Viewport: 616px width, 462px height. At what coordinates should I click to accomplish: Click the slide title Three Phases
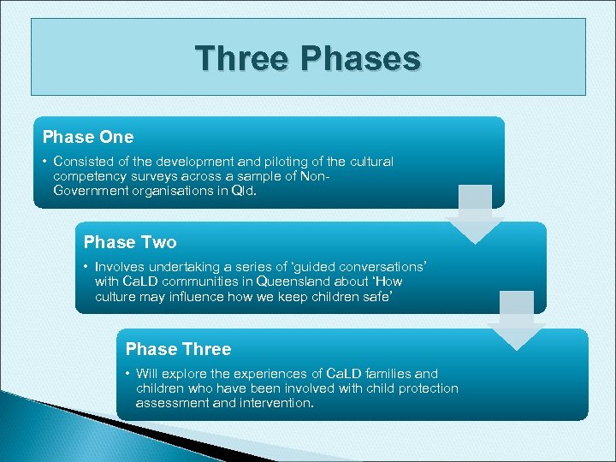tap(307, 59)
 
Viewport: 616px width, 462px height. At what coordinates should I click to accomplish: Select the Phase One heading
tap(88, 137)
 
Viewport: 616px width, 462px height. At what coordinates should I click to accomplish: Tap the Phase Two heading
tap(130, 243)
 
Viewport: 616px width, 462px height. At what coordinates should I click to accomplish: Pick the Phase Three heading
tap(178, 349)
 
